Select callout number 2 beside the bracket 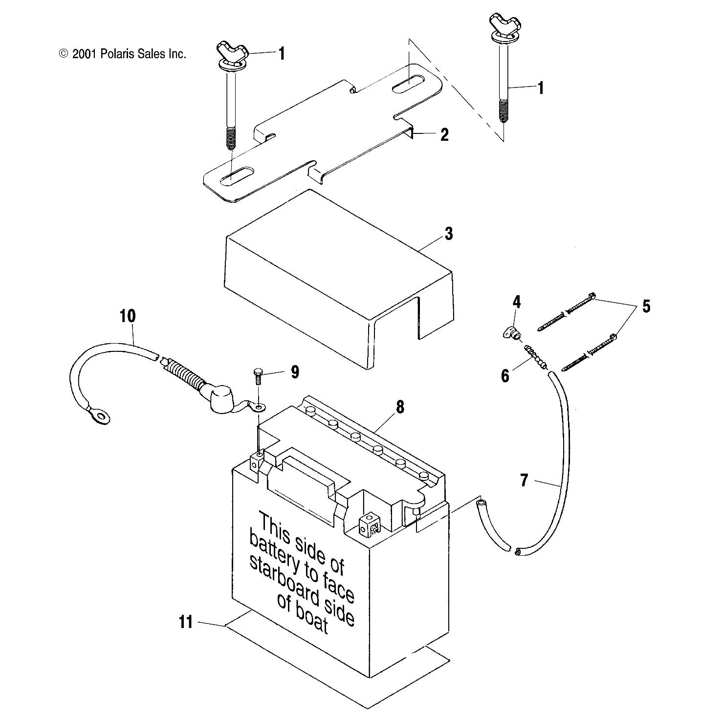pos(444,135)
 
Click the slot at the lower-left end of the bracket pos(236,176)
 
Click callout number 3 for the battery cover pos(449,234)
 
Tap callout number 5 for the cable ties pos(646,306)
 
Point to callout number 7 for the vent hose pos(524,480)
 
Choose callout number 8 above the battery pos(400,407)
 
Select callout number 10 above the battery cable pos(127,316)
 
